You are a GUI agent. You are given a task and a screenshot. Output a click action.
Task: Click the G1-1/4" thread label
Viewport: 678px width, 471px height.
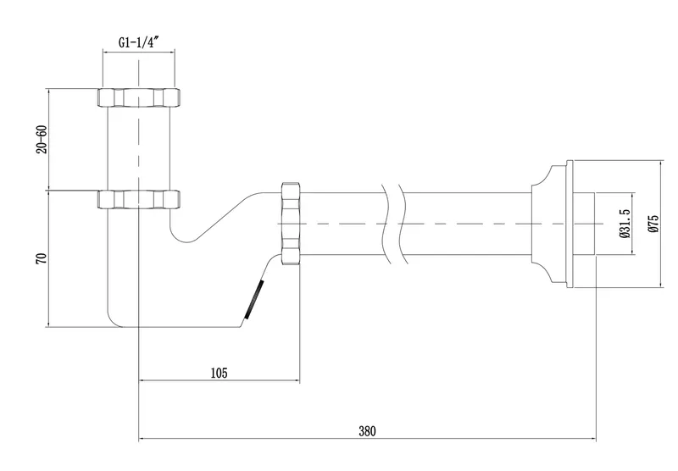tap(139, 42)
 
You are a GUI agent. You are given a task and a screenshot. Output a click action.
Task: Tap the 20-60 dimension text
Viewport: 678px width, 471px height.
tap(42, 139)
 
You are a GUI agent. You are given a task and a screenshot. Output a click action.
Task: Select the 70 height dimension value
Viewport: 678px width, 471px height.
tap(42, 259)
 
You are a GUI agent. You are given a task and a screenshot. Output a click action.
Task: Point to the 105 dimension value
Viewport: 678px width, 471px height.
tap(219, 373)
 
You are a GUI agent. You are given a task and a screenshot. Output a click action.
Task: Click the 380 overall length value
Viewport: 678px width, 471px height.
tap(367, 431)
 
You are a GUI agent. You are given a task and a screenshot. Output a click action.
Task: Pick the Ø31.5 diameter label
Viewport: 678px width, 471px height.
tap(624, 224)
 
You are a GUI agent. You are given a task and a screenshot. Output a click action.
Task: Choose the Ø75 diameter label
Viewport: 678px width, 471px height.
tap(653, 224)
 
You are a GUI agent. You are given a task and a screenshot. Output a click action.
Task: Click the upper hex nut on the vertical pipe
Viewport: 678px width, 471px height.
tap(139, 97)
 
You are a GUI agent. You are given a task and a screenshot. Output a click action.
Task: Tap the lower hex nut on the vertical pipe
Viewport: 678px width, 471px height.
tap(139, 200)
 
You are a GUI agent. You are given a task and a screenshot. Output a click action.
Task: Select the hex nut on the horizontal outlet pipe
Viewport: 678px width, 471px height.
tap(291, 224)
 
